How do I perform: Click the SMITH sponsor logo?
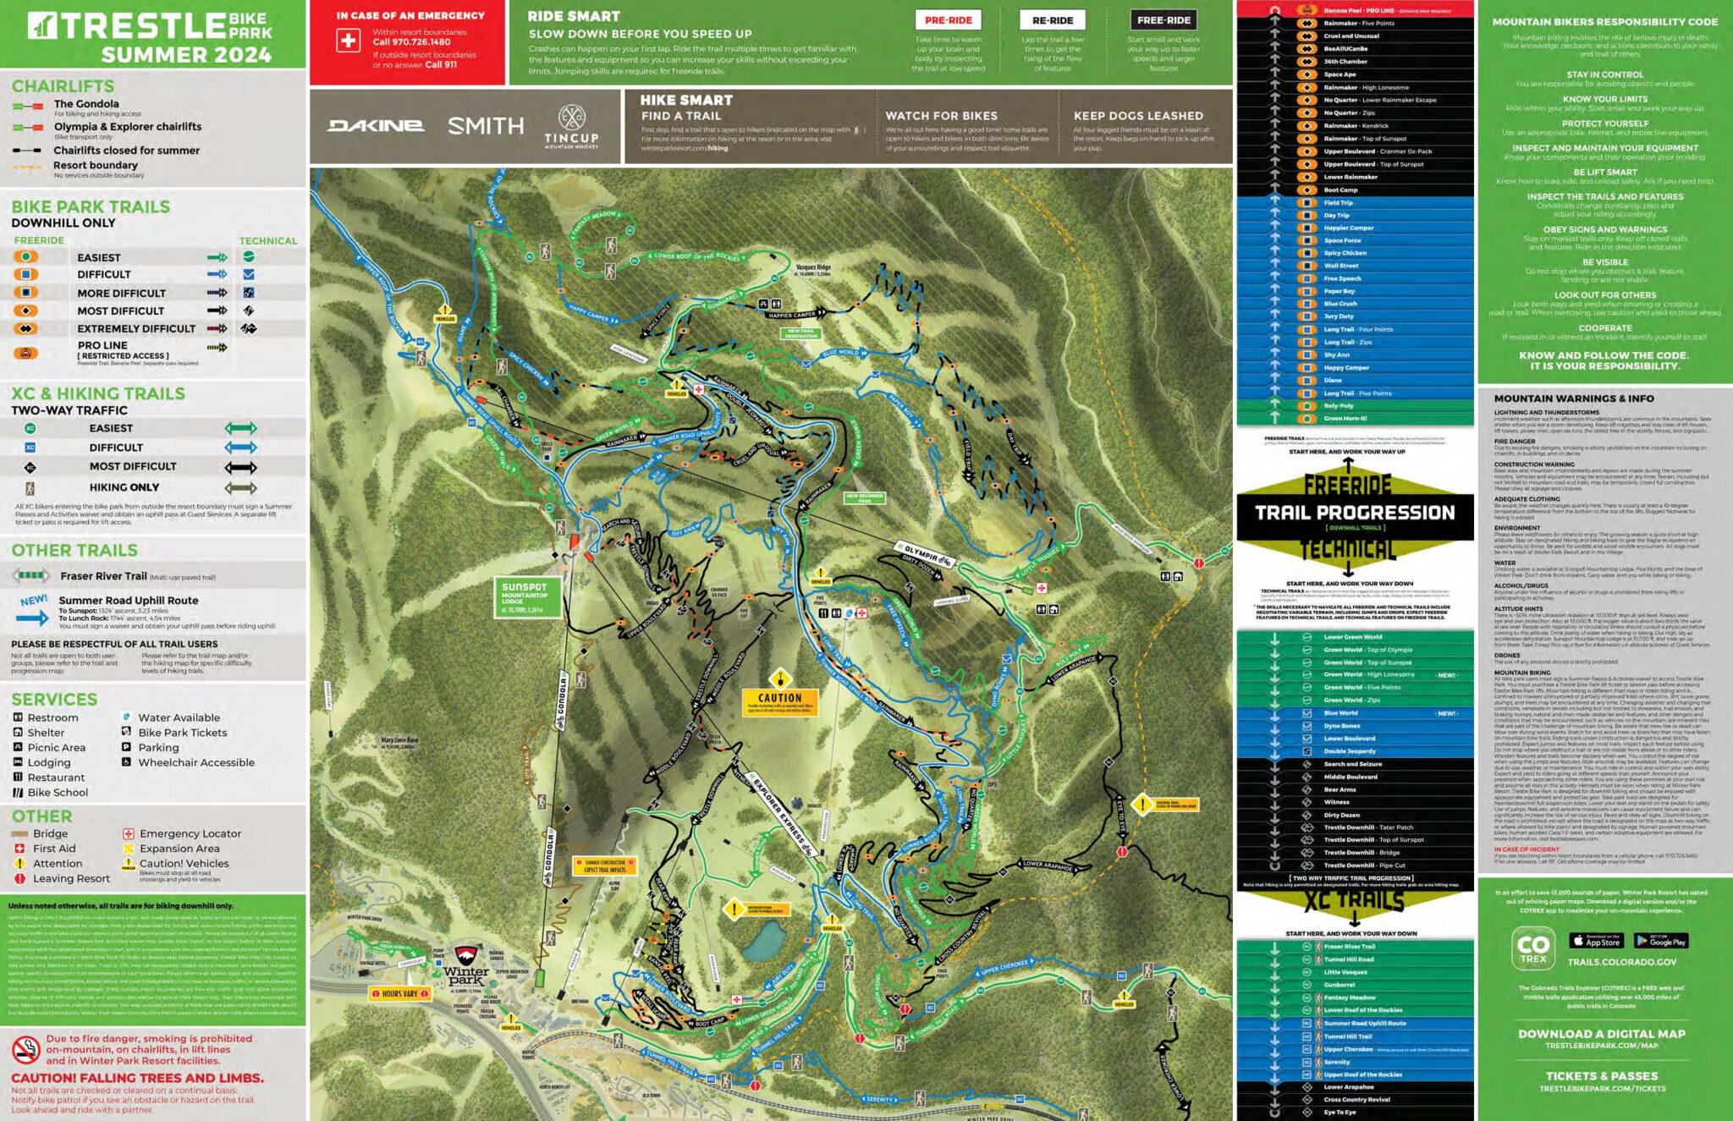pyautogui.click(x=485, y=126)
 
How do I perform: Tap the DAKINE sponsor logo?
pyautogui.click(x=376, y=125)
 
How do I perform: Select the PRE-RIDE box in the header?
pyautogui.click(x=948, y=20)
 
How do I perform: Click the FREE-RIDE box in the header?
pyautogui.click(x=1164, y=20)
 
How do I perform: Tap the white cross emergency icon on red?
pyautogui.click(x=348, y=41)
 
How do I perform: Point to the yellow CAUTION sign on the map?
pyautogui.click(x=779, y=699)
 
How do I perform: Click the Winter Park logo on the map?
pyautogui.click(x=466, y=965)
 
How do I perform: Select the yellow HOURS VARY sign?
pyautogui.click(x=399, y=993)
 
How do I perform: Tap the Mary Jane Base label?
pyautogui.click(x=399, y=743)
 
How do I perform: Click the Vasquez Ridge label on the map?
pyautogui.click(x=812, y=269)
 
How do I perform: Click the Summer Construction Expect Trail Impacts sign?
pyautogui.click(x=605, y=865)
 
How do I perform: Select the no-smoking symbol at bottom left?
pyautogui.click(x=26, y=1049)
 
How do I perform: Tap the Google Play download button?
pyautogui.click(x=1661, y=941)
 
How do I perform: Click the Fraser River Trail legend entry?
pyautogui.click(x=103, y=576)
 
